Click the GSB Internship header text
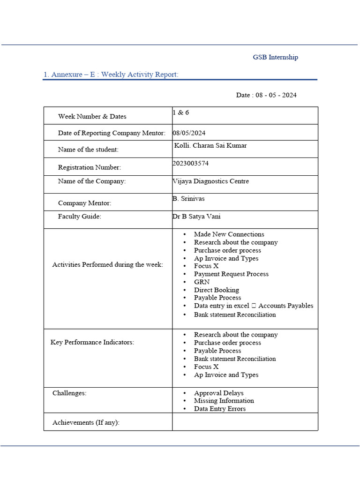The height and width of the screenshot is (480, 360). (x=275, y=57)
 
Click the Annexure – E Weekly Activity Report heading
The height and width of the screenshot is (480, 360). (x=111, y=75)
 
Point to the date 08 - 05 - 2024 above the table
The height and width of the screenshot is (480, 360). (x=266, y=95)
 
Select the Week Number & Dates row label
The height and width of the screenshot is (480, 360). (x=92, y=116)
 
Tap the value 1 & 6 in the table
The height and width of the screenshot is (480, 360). (x=181, y=113)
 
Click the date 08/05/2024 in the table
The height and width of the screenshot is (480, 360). (x=189, y=133)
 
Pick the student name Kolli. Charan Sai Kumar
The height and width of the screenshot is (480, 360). (x=210, y=145)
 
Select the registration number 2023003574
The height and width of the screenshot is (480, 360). (x=191, y=163)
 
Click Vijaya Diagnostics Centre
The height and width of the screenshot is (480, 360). (x=210, y=181)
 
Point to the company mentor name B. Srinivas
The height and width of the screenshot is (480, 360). (x=188, y=198)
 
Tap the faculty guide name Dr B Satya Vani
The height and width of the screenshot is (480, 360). (x=196, y=217)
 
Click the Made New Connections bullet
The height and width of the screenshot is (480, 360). (x=229, y=234)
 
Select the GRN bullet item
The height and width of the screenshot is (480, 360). (x=202, y=282)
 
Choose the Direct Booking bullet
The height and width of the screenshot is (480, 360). (x=216, y=290)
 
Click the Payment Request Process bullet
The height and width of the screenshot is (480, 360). (x=231, y=274)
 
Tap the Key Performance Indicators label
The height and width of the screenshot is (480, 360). (x=92, y=342)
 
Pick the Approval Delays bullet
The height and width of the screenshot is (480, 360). (x=218, y=393)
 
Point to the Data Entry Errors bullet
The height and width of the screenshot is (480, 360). (x=219, y=409)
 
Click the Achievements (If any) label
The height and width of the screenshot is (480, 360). (x=86, y=422)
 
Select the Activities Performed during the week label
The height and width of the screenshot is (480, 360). (x=107, y=265)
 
